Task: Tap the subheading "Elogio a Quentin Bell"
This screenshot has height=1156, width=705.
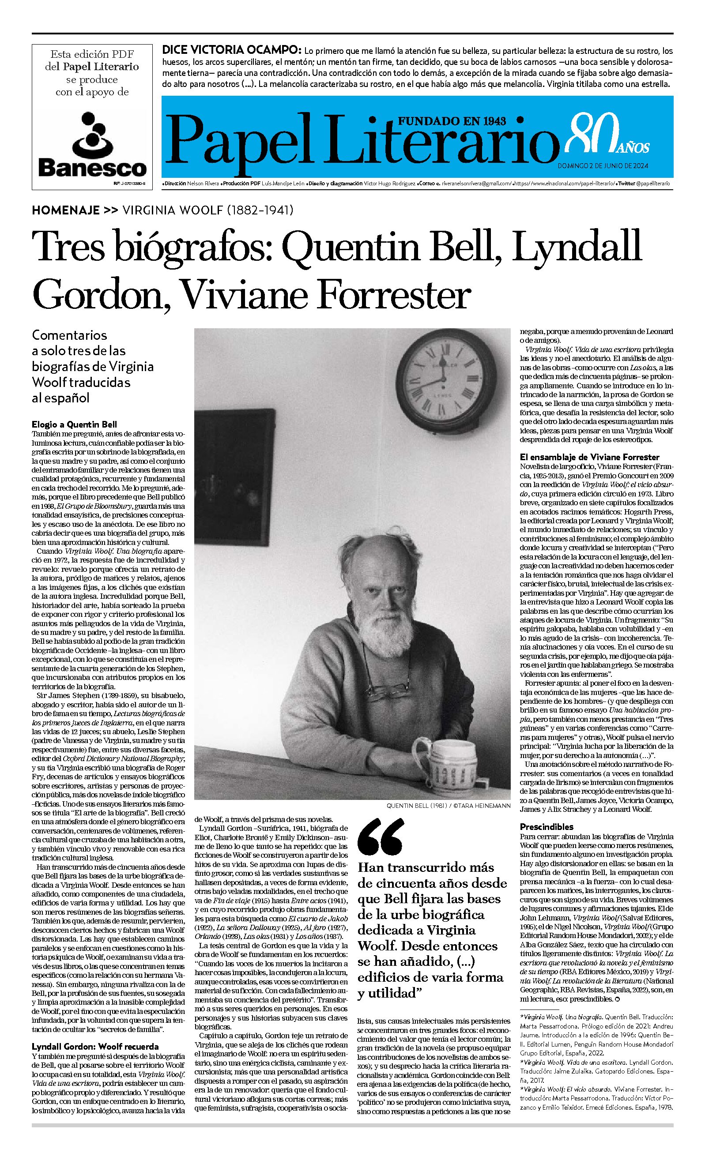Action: click(74, 424)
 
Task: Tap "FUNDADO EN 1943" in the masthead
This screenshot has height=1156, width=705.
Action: click(452, 121)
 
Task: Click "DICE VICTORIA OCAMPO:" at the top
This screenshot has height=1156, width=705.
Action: click(231, 50)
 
